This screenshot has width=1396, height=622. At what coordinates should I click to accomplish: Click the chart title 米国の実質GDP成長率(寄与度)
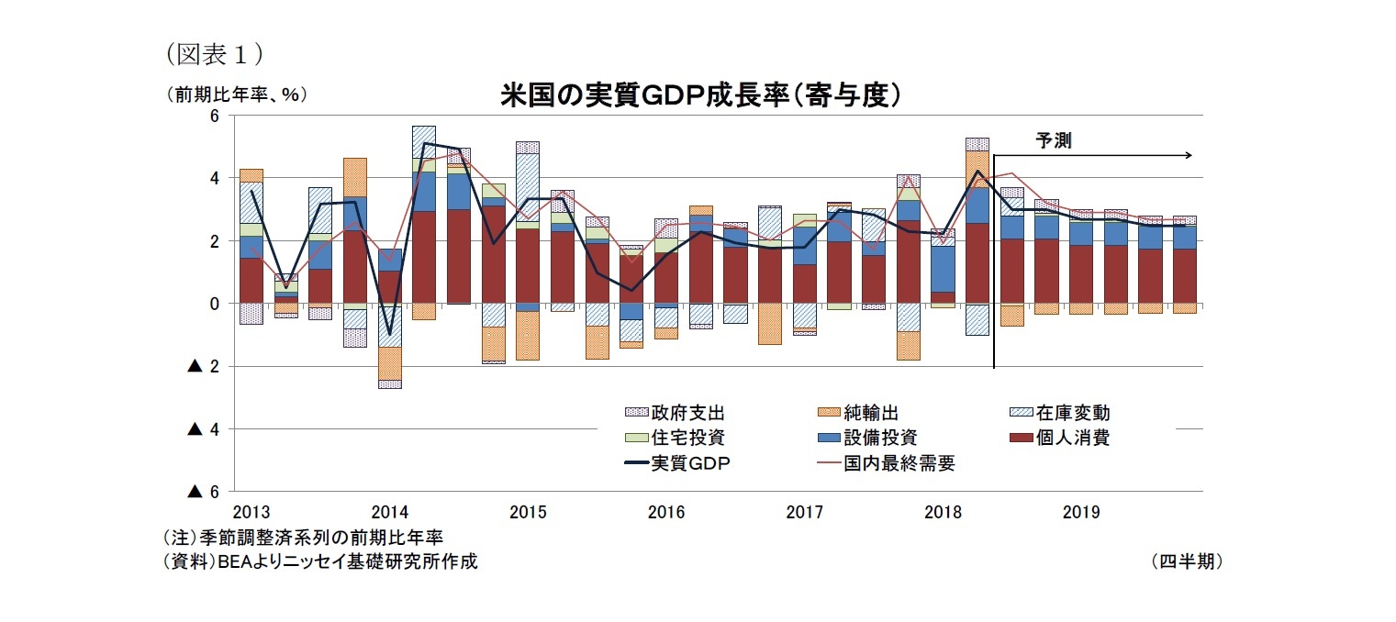point(698,96)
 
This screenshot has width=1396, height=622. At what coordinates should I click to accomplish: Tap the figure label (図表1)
point(214,54)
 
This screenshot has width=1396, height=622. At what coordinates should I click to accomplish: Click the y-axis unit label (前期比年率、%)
point(236,94)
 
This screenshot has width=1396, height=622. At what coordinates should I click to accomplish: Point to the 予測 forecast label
point(1053,140)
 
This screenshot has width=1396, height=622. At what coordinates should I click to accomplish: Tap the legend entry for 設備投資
point(868,439)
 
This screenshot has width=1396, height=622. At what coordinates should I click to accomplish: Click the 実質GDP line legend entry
point(677,463)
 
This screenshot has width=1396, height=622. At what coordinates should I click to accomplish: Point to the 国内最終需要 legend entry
point(887,463)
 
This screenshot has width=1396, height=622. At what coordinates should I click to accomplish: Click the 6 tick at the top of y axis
point(214,116)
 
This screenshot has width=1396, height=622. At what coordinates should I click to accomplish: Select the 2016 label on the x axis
point(665,511)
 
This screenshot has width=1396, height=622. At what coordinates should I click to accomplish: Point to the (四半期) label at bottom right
point(1186,561)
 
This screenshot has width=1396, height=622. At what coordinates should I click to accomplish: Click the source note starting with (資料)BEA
point(319,561)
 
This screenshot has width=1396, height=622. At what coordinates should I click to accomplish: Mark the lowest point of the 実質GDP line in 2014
point(389,334)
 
